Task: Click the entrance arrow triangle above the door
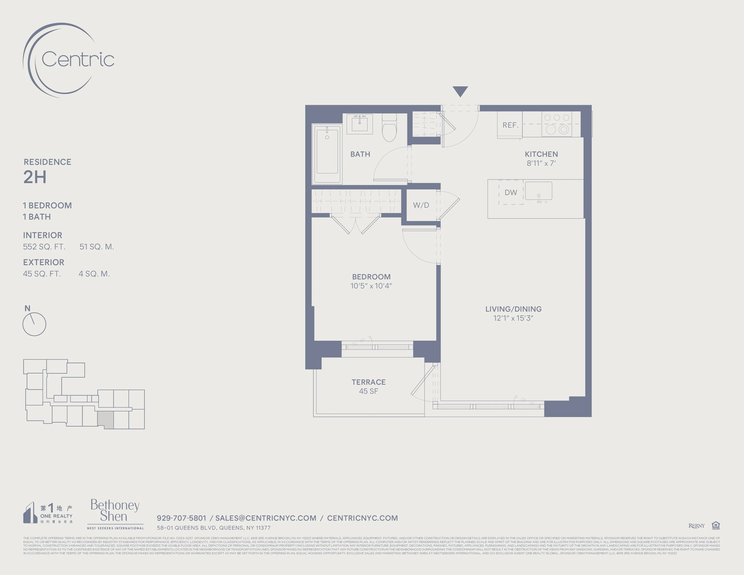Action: pyautogui.click(x=460, y=91)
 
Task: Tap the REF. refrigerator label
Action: pyautogui.click(x=510, y=125)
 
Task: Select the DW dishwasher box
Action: pyautogui.click(x=511, y=193)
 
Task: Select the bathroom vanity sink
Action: pyautogui.click(x=359, y=123)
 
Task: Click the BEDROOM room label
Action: pyautogui.click(x=371, y=277)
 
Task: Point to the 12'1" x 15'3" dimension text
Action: pyautogui.click(x=513, y=318)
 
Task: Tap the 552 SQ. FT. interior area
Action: pyautogui.click(x=44, y=247)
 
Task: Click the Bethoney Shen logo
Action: pyautogui.click(x=115, y=511)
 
